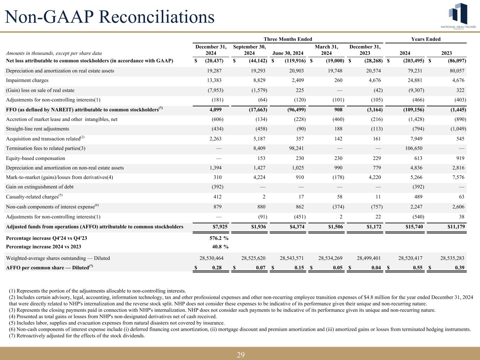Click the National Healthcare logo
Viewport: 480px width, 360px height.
coord(459,16)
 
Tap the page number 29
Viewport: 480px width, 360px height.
coord(240,355)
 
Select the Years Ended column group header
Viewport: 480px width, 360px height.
coord(426,39)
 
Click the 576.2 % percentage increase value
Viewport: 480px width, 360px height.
coord(217,238)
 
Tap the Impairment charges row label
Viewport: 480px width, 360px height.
coord(27,81)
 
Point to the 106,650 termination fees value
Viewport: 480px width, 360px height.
coord(414,148)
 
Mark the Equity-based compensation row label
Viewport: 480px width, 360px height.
coord(36,158)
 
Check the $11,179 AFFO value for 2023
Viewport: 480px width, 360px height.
coord(455,227)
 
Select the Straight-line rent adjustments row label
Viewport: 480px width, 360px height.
coord(38,129)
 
